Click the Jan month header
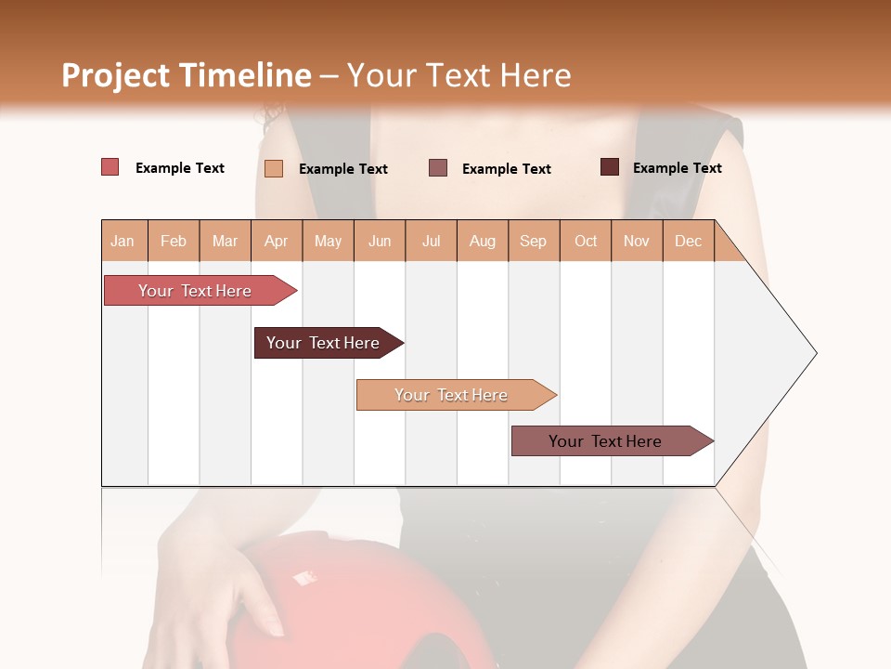click(123, 241)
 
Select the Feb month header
click(174, 241)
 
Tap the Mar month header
click(225, 241)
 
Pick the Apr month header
click(277, 241)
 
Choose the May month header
click(328, 241)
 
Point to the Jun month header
click(380, 241)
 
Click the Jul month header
click(431, 241)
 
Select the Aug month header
click(483, 241)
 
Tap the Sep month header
click(534, 241)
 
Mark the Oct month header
click(586, 241)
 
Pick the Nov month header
click(637, 241)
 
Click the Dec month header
click(688, 241)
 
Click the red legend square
click(110, 167)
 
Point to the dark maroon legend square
click(609, 167)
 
